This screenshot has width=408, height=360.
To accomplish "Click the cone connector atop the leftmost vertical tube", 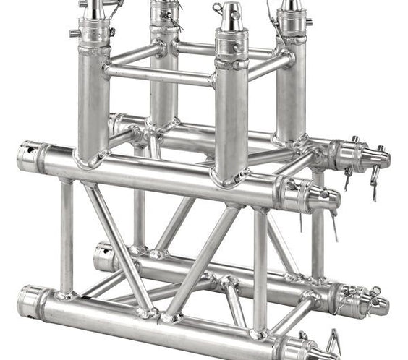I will tap(94, 10).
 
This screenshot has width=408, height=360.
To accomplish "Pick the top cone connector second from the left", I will tap(163, 6).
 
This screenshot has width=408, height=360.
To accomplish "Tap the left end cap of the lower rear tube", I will tap(105, 257).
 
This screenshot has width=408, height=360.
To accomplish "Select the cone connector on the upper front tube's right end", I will tap(323, 195).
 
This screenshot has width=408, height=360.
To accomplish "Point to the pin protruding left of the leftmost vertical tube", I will tap(75, 33).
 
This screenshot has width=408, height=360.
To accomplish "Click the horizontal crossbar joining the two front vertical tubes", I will tap(159, 73).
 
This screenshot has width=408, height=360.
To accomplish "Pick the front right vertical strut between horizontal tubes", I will tap(260, 267).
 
